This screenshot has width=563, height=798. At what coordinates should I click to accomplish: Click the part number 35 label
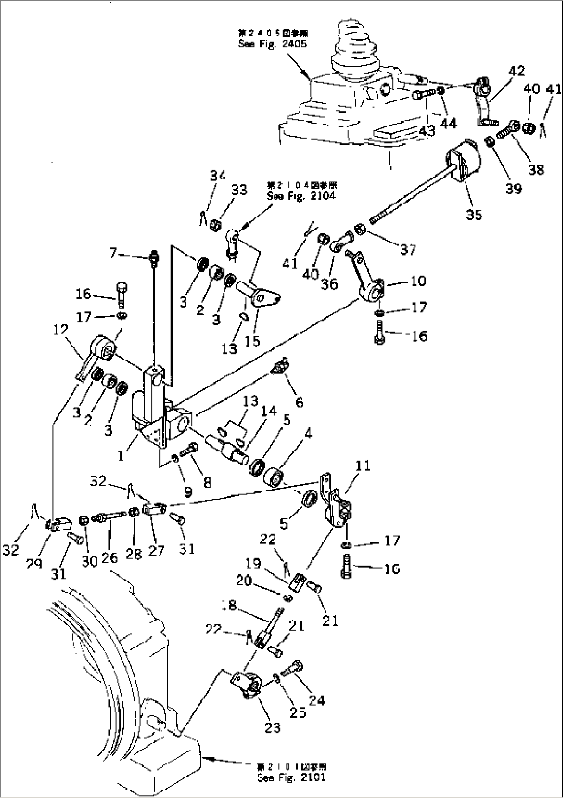(x=474, y=214)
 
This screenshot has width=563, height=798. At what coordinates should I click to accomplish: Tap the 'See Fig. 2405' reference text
(x=272, y=44)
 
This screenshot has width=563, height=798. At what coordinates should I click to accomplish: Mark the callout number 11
(x=363, y=466)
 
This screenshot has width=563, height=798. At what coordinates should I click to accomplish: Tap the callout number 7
(x=112, y=253)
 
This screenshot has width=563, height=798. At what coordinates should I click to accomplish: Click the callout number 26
(x=110, y=557)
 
